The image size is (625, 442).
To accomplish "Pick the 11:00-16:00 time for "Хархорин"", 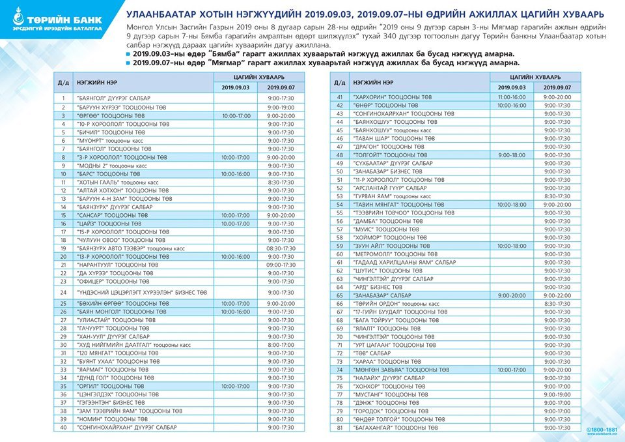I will click(x=511, y=96).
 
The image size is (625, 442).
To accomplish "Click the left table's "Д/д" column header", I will click(x=64, y=82).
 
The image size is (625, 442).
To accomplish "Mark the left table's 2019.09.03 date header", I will click(x=237, y=87).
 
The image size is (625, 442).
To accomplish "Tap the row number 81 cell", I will click(x=339, y=428).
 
